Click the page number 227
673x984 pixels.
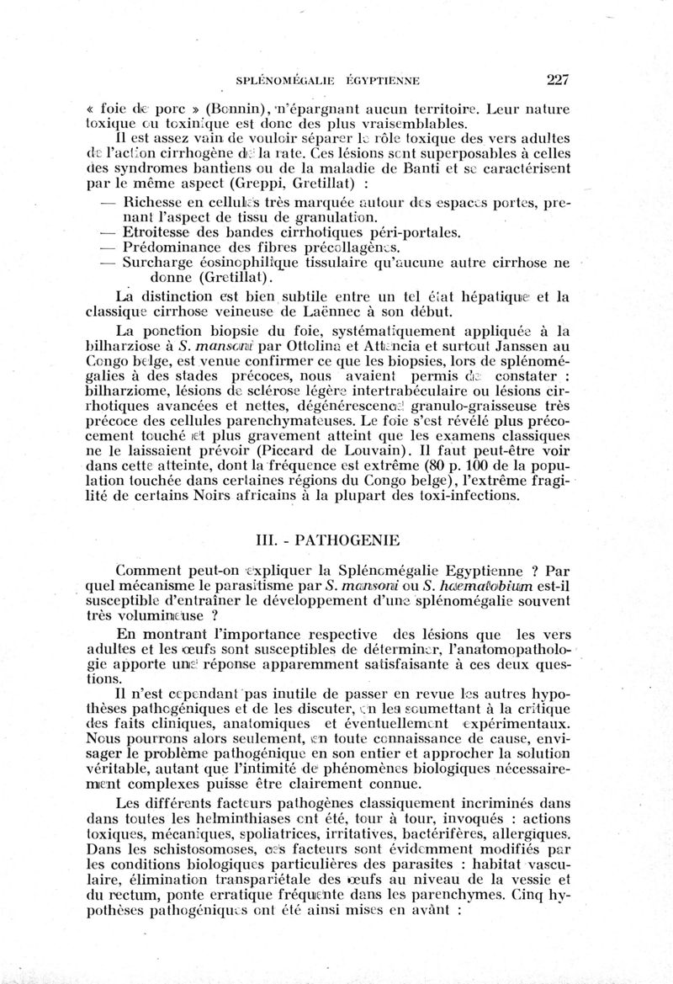coord(558,81)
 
